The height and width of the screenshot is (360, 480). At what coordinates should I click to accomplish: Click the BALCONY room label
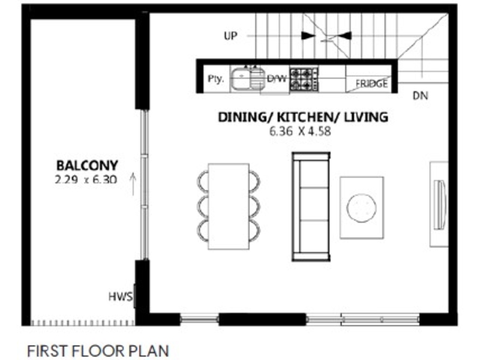pyautogui.click(x=87, y=166)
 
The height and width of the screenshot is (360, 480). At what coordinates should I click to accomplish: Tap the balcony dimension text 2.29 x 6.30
pyautogui.click(x=86, y=179)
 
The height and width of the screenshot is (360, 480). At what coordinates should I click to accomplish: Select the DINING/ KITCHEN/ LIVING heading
pyautogui.click(x=303, y=117)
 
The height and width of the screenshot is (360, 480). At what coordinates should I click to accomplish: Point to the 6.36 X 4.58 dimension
pyautogui.click(x=301, y=131)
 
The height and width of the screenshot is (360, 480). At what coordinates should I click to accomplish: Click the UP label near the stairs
pyautogui.click(x=230, y=36)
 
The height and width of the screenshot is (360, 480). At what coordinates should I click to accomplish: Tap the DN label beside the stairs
pyautogui.click(x=421, y=96)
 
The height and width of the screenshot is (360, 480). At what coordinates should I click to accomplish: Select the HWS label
pyautogui.click(x=121, y=296)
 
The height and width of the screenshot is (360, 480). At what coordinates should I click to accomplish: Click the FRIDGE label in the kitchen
pyautogui.click(x=371, y=83)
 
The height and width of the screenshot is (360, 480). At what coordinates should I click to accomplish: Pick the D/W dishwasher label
pyautogui.click(x=277, y=79)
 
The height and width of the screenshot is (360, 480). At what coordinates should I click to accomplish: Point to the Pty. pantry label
pyautogui.click(x=216, y=79)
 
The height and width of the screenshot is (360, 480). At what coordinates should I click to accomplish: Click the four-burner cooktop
pyautogui.click(x=304, y=79)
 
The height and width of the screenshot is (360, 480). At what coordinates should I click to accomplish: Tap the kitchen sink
pyautogui.click(x=247, y=79)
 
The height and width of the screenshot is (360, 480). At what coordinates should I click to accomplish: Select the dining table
pyautogui.click(x=229, y=206)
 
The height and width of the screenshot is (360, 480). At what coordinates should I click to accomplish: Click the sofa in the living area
pyautogui.click(x=311, y=206)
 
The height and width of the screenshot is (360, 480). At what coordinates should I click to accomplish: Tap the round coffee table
pyautogui.click(x=362, y=208)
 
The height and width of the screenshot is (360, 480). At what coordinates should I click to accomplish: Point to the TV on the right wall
pyautogui.click(x=440, y=204)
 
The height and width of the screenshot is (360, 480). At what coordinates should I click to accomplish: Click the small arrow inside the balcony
pyautogui.click(x=133, y=184)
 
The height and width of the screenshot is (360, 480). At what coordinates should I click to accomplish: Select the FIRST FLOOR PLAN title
pyautogui.click(x=98, y=351)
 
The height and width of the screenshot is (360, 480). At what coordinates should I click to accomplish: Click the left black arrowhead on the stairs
pyautogui.click(x=308, y=36)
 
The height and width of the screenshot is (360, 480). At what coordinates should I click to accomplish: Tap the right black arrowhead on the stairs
pyautogui.click(x=344, y=36)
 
